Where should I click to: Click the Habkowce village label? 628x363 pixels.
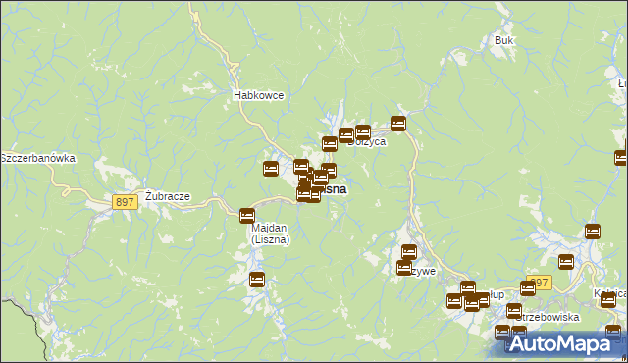[258, 95]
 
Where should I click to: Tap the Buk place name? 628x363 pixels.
[504, 41]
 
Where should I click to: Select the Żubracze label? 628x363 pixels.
[167, 195]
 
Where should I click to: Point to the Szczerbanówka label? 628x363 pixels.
[37, 158]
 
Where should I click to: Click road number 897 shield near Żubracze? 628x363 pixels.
[124, 201]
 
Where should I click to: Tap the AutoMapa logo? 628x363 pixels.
[563, 343]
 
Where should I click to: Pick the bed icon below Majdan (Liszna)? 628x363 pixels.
[256, 280]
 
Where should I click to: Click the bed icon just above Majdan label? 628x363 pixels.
[247, 214]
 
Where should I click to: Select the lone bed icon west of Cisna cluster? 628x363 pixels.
[271, 169]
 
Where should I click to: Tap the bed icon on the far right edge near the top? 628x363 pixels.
[621, 157]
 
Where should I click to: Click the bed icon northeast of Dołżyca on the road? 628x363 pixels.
[398, 123]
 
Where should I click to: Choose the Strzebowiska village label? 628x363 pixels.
[546, 317]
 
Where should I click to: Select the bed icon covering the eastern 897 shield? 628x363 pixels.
[565, 261]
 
